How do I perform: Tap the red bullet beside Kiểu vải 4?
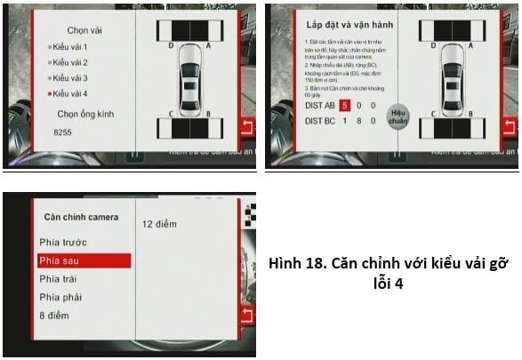coord(49,93)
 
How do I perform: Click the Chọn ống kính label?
coord(85,114)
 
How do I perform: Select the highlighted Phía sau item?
coord(59,260)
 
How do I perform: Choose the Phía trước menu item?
coord(63,242)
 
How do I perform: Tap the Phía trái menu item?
coord(59,279)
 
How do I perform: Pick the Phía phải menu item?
coord(60,297)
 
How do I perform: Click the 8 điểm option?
coord(55,316)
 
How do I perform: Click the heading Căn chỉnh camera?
coord(81,216)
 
